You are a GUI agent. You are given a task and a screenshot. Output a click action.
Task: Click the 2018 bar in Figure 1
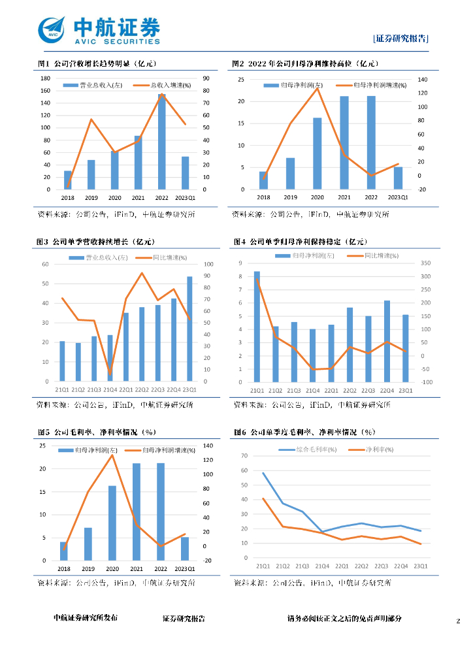click(67, 180)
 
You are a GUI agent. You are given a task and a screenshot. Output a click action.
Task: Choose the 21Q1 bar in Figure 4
click(257, 327)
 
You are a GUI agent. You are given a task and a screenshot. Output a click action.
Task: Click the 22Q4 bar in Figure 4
click(387, 341)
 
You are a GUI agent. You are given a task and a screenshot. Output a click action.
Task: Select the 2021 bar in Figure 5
click(137, 512)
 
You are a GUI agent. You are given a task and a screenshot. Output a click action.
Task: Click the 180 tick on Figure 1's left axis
click(46, 78)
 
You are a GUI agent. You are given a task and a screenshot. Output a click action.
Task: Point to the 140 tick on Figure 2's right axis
click(422, 80)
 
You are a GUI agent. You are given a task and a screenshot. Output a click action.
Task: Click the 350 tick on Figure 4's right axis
click(427, 263)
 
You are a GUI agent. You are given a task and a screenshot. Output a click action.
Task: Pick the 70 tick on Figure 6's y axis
click(245, 456)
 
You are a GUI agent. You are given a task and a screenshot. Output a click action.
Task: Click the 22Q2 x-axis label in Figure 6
click(361, 566)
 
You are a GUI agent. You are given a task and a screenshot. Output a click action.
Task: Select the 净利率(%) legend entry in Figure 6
click(369, 449)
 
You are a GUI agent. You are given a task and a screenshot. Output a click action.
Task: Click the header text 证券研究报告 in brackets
click(400, 39)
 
